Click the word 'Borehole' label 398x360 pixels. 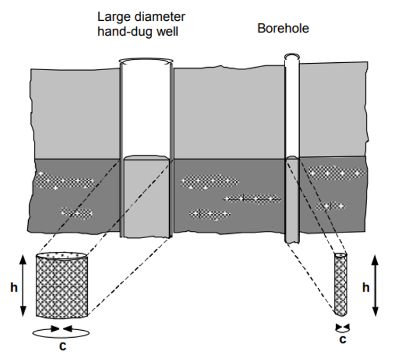click(283, 28)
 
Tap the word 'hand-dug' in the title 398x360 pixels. click(119, 31)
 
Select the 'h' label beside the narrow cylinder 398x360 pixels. click(366, 288)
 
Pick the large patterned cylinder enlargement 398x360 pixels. click(62, 287)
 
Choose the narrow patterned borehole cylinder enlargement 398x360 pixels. click(341, 284)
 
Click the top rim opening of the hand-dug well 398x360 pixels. click(146, 61)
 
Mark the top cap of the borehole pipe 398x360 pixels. click(292, 56)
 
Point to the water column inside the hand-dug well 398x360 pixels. click(146, 197)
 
